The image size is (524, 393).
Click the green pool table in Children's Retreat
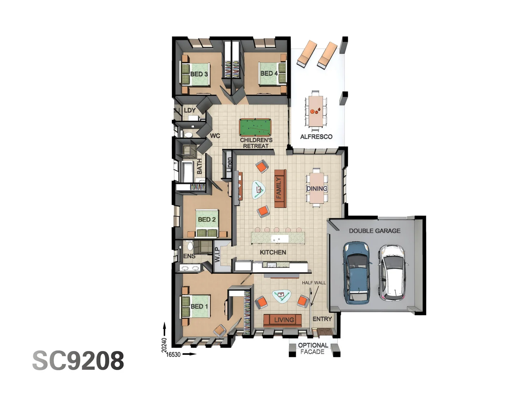[x=255, y=127]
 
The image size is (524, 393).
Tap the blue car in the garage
[x=357, y=273]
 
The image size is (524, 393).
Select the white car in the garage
[x=392, y=273]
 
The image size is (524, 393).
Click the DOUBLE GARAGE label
[x=374, y=231]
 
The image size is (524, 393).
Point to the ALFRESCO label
[x=316, y=137]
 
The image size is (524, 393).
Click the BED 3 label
[x=199, y=74]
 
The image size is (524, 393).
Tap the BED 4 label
[x=269, y=73]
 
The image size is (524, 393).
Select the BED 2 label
[x=207, y=219]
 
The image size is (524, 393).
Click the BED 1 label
[x=199, y=306]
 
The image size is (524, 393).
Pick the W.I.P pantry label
[x=217, y=255]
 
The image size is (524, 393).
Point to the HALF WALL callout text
[x=314, y=283]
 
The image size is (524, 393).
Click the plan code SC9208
[x=78, y=361]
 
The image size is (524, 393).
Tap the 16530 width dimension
[x=173, y=354]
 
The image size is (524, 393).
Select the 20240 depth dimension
[x=164, y=345]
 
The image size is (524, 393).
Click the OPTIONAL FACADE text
[x=313, y=348]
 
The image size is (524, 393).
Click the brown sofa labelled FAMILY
[x=279, y=188]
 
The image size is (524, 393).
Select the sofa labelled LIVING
[x=283, y=320]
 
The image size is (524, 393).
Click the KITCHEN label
[x=273, y=252]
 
